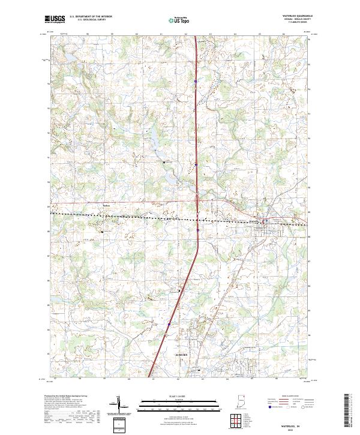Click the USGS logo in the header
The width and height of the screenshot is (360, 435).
coord(55,19)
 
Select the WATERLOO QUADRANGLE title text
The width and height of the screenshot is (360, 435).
coord(293,16)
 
